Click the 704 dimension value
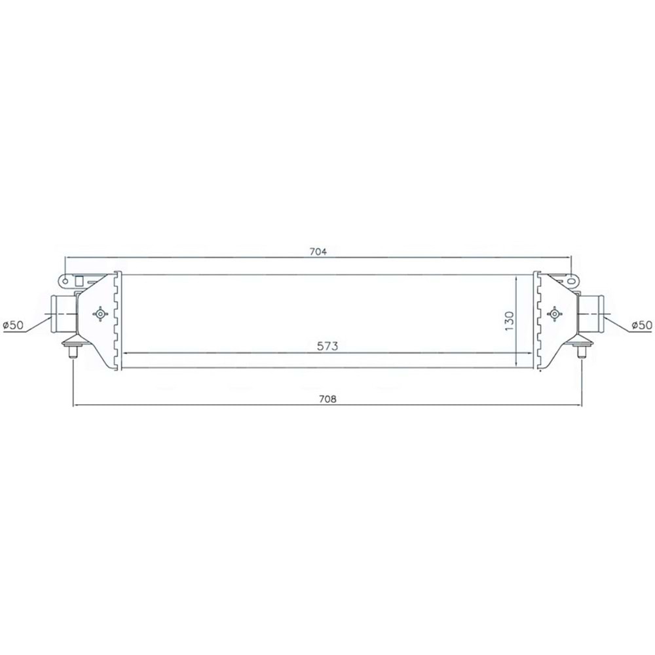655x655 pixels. coord(318,252)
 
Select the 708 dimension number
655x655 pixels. coord(327,399)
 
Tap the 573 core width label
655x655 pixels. coord(327,346)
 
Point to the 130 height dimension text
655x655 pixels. coord(510,321)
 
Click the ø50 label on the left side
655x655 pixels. coord(13,325)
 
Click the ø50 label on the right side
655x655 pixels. coord(642,325)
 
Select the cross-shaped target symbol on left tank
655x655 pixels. coord(100,314)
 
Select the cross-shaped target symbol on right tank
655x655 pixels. coord(554,314)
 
